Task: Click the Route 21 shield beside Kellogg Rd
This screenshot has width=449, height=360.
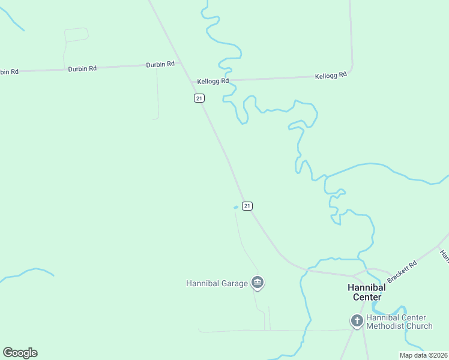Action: [199, 98]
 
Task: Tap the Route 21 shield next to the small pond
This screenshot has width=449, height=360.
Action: [247, 206]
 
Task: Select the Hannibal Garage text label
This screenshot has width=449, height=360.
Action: [217, 283]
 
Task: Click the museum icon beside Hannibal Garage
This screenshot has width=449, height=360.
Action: [258, 282]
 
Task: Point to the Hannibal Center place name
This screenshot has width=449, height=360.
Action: [367, 292]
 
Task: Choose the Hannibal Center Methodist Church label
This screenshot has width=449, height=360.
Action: [399, 322]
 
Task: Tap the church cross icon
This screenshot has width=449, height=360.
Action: [357, 321]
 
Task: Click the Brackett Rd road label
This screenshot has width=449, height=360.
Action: [402, 272]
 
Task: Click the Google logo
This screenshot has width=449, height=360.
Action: [20, 353]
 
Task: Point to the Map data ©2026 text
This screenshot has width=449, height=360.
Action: [423, 355]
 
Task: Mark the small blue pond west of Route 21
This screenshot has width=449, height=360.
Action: [236, 208]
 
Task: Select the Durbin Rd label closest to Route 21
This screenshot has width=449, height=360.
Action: [160, 64]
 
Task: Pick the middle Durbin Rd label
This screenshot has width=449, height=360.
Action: [82, 68]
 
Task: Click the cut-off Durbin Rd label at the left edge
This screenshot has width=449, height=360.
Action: [9, 71]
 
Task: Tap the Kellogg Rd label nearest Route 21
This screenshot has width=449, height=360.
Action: [213, 81]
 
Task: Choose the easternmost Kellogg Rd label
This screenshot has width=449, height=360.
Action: [331, 76]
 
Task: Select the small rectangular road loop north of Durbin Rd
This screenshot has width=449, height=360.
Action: [76, 35]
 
